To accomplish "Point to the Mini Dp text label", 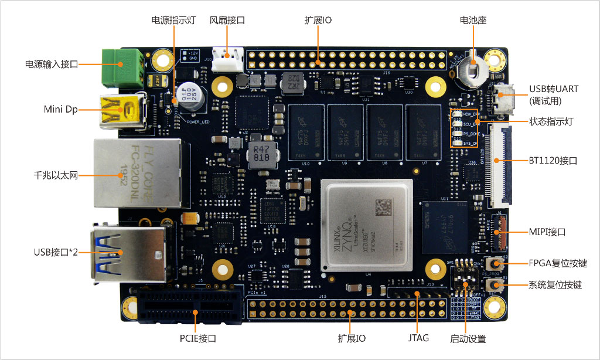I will [x=60, y=109].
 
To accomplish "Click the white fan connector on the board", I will [x=227, y=60].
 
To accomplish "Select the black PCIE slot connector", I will [x=189, y=306].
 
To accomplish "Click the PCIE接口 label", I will [x=197, y=338].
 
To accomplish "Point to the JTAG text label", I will [x=418, y=338].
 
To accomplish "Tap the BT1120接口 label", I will [x=553, y=159].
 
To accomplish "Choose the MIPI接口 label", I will [x=547, y=232].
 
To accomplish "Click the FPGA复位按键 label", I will [x=557, y=263].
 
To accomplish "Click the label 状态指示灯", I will [x=551, y=122].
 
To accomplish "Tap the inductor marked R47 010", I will [x=258, y=154].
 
